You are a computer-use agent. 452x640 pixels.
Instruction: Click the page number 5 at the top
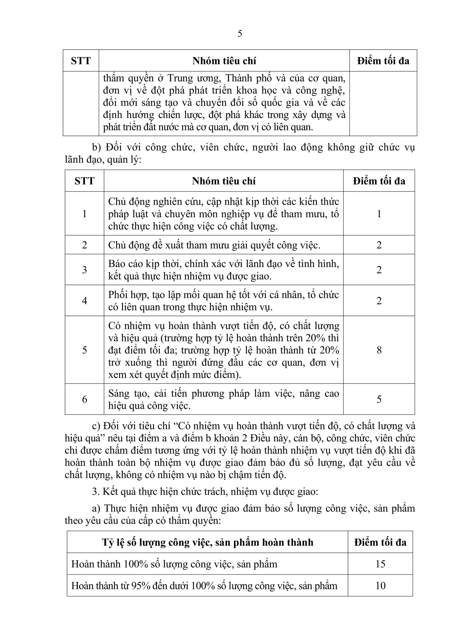point(240,34)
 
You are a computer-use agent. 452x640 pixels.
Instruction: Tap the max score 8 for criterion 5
point(379,350)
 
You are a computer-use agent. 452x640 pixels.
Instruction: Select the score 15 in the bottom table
point(380,564)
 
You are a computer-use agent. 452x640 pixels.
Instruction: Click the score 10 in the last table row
point(380,586)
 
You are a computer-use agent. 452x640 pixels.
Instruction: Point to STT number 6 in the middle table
point(84,399)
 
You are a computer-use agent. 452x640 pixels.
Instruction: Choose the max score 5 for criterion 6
point(379,399)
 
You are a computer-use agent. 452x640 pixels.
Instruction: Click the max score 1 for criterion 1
point(379,214)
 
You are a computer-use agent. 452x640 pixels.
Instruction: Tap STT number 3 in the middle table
point(84,269)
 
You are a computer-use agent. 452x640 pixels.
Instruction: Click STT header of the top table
point(81,61)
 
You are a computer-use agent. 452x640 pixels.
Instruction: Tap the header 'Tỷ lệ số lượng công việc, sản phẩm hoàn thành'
point(208,542)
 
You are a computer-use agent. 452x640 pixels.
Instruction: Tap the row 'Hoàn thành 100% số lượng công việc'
point(174,564)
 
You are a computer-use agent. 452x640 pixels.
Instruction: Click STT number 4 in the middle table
point(84,300)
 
